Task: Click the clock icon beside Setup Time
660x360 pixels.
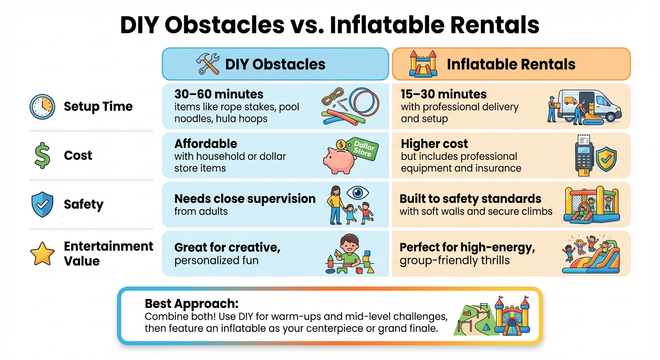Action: pyautogui.click(x=42, y=107)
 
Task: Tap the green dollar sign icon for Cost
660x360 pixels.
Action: pyautogui.click(x=42, y=156)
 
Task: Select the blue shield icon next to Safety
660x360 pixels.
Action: pyautogui.click(x=42, y=204)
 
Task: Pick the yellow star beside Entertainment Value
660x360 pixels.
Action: pyautogui.click(x=42, y=254)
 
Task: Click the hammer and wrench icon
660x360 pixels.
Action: pyautogui.click(x=208, y=64)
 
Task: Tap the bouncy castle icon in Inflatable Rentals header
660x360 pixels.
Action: pyautogui.click(x=423, y=64)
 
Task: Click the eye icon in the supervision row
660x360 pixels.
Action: pyautogui.click(x=358, y=193)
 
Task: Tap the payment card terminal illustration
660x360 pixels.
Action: pyautogui.click(x=584, y=154)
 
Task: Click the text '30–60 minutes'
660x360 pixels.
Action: pyautogui.click(x=219, y=94)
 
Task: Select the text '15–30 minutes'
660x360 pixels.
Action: pyautogui.click(x=443, y=94)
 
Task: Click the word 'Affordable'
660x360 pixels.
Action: pyautogui.click(x=206, y=143)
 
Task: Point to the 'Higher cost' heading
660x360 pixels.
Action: pyautogui.click(x=435, y=143)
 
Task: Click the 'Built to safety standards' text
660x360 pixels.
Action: pyautogui.click(x=470, y=199)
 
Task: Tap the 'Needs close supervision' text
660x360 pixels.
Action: pyautogui.click(x=245, y=199)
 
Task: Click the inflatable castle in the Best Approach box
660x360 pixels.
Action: pyautogui.click(x=512, y=318)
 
